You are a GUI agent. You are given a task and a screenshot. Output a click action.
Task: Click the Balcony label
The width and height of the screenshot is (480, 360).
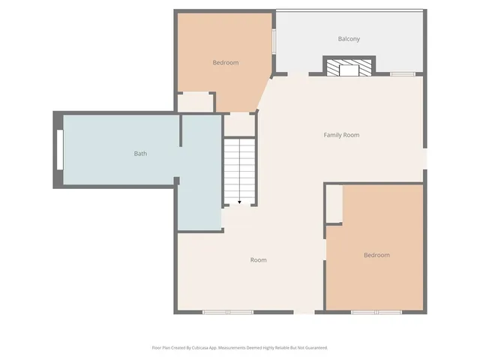coord(349,38)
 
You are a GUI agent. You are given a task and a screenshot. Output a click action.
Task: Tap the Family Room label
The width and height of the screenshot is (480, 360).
coord(341,135)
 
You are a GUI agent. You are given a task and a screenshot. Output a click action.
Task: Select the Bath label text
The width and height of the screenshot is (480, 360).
coord(140,154)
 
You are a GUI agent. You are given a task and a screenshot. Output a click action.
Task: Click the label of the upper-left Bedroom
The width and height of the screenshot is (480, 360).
coord(225,62)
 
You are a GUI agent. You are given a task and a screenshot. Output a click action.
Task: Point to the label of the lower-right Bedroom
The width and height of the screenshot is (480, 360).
coord(376,255)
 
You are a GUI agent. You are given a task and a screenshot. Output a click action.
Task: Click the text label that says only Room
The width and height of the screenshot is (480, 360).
coord(258,260)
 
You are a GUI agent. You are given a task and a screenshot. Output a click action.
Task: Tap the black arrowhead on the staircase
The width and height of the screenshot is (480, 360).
coord(240,202)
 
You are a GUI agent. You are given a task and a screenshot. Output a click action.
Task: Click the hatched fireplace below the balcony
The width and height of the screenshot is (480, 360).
coord(349,67)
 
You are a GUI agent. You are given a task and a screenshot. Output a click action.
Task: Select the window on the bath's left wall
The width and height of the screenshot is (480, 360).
coord(58,150)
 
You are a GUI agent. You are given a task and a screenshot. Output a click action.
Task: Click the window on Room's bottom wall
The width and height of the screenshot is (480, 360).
coord(227,312)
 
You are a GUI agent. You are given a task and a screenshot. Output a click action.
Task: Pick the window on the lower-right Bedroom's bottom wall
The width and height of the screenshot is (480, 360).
coord(376,312)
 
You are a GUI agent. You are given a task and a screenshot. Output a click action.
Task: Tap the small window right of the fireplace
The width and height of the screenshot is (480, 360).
coord(403,73)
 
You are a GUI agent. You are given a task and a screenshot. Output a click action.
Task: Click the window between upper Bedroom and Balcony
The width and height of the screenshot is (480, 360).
coord(274,41)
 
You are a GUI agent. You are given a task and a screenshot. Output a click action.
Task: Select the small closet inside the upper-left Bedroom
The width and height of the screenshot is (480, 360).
coord(196,102)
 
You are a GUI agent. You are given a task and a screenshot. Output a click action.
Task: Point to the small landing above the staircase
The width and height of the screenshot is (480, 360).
coord(240,124)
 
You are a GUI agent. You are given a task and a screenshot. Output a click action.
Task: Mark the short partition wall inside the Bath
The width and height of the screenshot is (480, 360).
coord(181,130)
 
